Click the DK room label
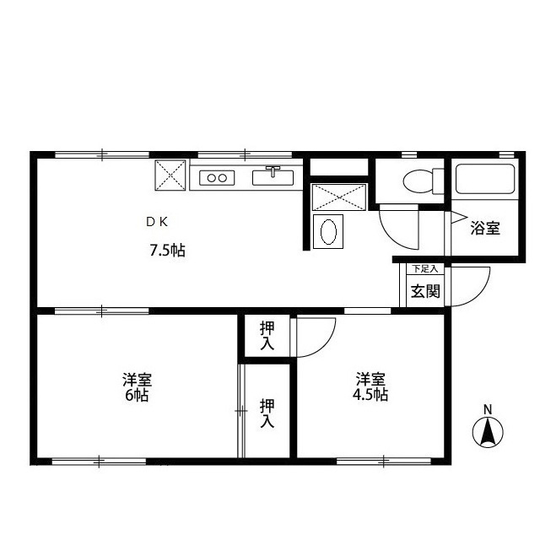[x=157, y=222]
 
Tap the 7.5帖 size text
[x=168, y=250]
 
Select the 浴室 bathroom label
[x=485, y=228]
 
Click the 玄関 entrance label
[x=425, y=291]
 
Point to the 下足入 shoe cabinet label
[x=425, y=268]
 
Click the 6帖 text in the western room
[x=137, y=395]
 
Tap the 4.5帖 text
[x=370, y=394]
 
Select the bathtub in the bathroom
[x=485, y=179]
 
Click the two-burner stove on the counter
[x=217, y=178]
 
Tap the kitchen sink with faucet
[x=273, y=176]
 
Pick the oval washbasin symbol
[x=328, y=232]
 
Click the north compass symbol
[x=488, y=432]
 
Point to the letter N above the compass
[x=488, y=409]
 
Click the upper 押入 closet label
[x=267, y=335]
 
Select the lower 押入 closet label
[x=267, y=413]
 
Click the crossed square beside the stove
[x=170, y=175]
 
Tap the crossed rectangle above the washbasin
[x=339, y=197]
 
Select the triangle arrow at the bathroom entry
[x=458, y=218]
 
